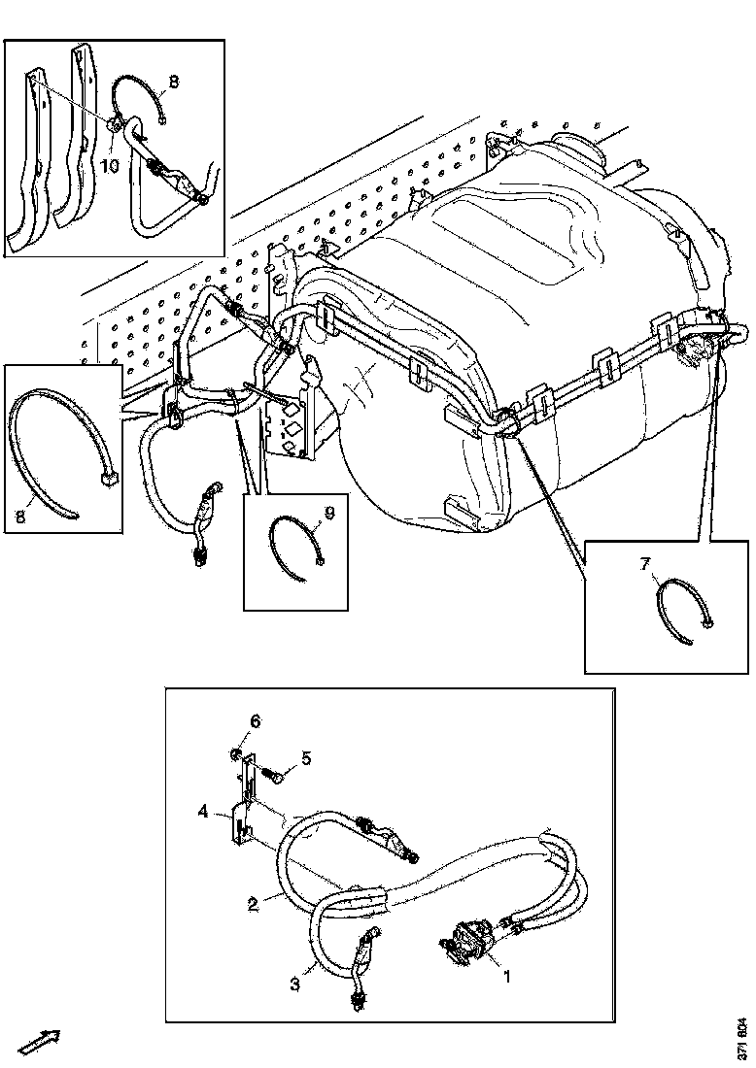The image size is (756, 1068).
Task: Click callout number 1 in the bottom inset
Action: point(507,977)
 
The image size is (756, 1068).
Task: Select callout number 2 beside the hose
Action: point(253,905)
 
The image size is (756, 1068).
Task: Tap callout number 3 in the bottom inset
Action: point(295,985)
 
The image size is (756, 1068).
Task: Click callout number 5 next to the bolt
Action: point(306,758)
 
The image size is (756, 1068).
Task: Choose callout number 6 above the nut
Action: point(255,720)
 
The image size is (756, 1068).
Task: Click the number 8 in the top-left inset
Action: point(173,82)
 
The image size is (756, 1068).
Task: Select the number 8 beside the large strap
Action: point(20,517)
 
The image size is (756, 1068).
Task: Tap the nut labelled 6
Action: point(235,754)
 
